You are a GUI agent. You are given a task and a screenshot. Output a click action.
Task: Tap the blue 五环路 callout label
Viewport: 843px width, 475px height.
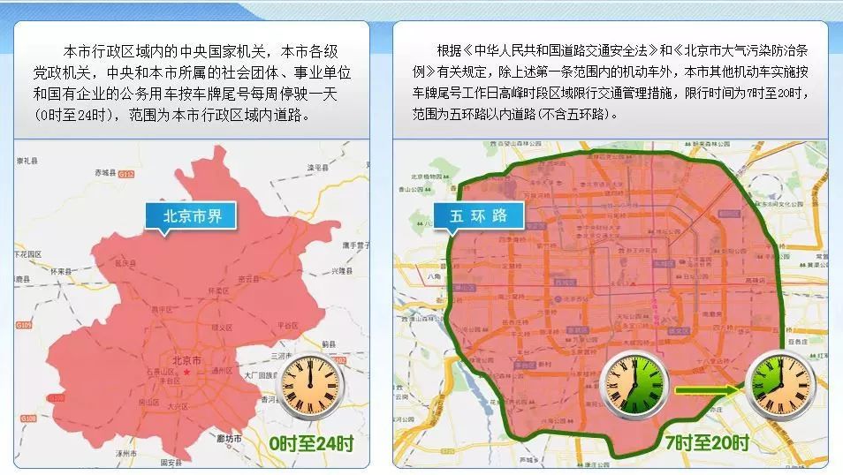pyautogui.click(x=478, y=215)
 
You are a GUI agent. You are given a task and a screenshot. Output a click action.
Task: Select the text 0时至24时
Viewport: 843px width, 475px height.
pyautogui.click(x=311, y=443)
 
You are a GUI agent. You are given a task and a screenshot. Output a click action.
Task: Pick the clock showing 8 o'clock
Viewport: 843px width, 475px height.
pyautogui.click(x=778, y=382)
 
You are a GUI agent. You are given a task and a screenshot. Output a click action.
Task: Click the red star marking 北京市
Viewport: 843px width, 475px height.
pyautogui.click(x=186, y=373)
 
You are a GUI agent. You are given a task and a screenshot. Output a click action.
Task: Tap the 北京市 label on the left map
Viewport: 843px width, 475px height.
pyautogui.click(x=187, y=361)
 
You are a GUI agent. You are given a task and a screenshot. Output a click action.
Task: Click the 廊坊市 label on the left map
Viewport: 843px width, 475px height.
pyautogui.click(x=228, y=439)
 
